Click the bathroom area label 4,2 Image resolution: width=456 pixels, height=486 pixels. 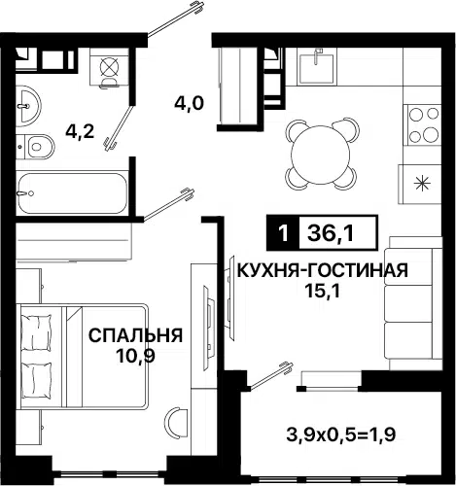pos(80,132)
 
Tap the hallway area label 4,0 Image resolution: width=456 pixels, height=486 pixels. pos(189,104)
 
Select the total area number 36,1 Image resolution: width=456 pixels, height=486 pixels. pos(331,233)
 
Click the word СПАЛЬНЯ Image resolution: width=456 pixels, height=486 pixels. pos(136,335)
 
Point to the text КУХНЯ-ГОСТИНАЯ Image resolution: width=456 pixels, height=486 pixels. pos(323,270)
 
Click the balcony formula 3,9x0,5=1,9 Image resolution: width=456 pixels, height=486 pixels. pos(341,434)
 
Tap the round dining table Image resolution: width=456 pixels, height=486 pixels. pos(321,155)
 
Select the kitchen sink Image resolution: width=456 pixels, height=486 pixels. pos(316,66)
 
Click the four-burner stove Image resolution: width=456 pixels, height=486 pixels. pos(423,125)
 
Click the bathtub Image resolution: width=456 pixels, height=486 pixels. pos(72,193)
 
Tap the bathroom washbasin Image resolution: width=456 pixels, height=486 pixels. pos(28,105)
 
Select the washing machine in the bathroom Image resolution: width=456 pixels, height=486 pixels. pos(109,67)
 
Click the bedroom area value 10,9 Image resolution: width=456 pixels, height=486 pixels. pos(136,356)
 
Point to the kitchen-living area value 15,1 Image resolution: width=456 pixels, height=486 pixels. pos(322,292)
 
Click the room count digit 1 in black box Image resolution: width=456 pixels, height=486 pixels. pos(284,233)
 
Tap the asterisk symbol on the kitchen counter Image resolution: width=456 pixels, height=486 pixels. pos(423,184)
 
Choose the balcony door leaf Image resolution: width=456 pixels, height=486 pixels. pos(271,376)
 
